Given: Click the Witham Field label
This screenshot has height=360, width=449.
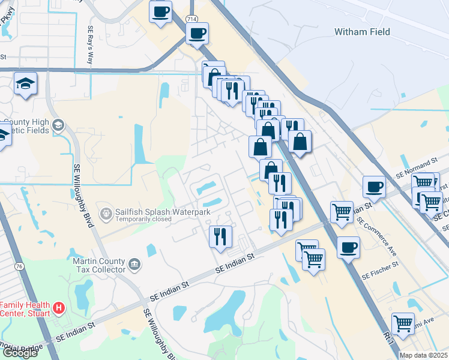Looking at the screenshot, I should pos(362,32).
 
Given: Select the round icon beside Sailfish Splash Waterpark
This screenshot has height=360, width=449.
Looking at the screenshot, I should pos(106,213).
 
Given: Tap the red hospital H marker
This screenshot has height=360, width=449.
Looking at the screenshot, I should pos(59,308).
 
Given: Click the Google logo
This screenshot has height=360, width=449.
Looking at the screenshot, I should pos(20,353).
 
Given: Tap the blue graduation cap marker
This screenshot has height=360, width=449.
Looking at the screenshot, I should pos(26,83).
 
